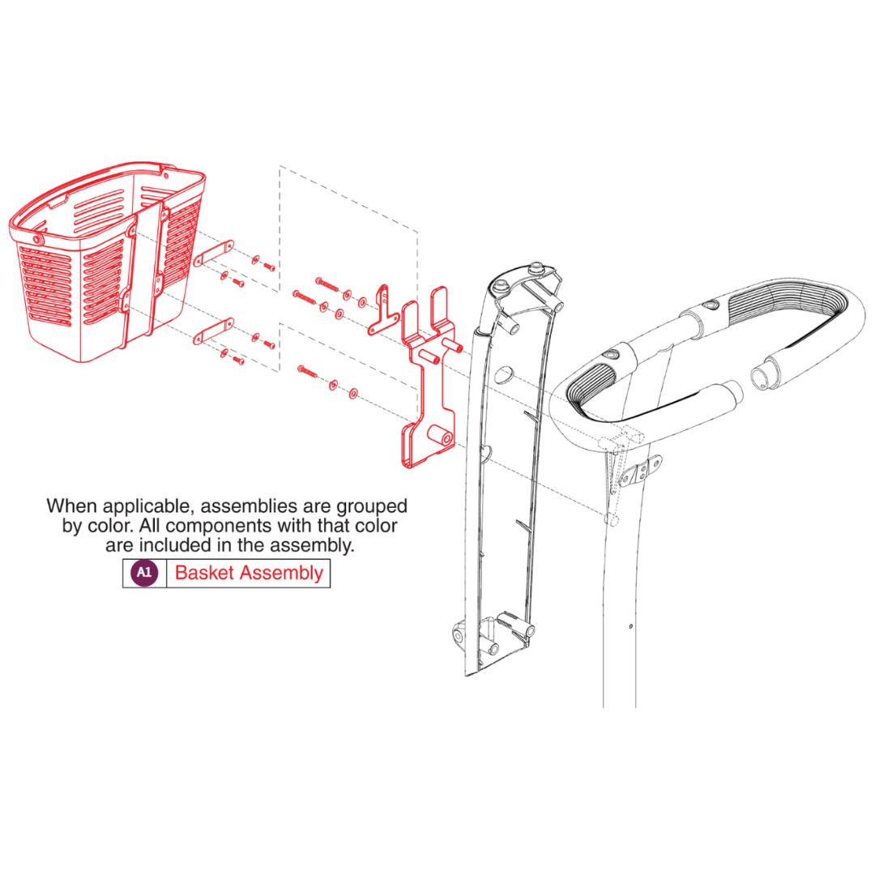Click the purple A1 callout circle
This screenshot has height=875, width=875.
[x=144, y=573]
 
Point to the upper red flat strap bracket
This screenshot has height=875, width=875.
[x=213, y=254]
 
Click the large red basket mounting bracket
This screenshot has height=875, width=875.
[x=429, y=378]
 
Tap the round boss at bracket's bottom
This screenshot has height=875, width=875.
[x=440, y=435]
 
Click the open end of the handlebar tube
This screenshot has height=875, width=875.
[x=761, y=378]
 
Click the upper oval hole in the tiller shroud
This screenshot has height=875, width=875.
[x=503, y=374]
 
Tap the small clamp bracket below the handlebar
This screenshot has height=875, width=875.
[x=641, y=472]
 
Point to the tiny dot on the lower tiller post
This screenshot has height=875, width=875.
[x=630, y=626]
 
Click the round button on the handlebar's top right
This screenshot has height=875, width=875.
[x=711, y=305]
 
